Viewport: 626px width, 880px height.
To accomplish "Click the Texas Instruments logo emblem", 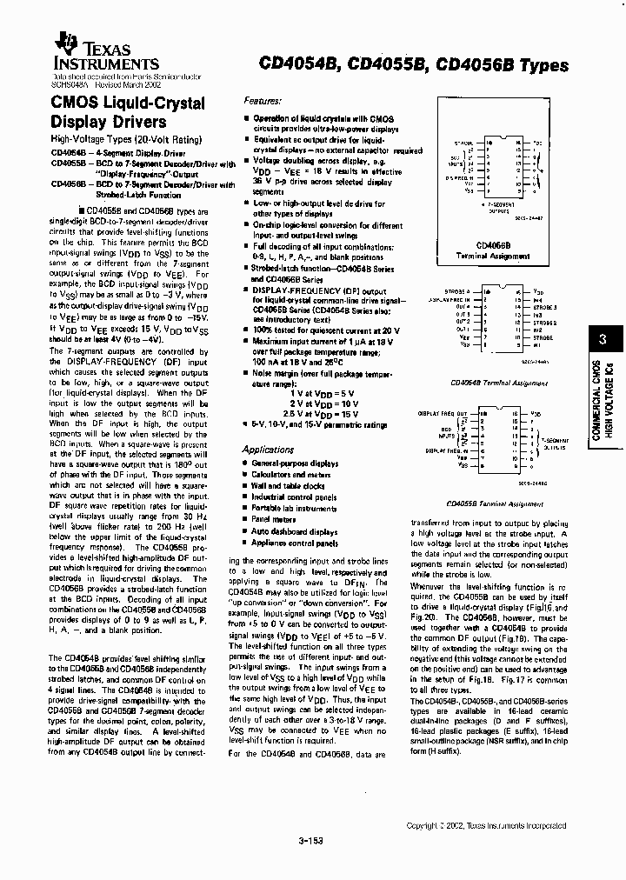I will coord(63,44).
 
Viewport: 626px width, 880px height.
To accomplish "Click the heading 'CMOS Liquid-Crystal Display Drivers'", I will coord(128,112).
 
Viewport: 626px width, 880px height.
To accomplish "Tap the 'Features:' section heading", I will coord(263,101).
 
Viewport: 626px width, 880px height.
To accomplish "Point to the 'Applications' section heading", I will coord(268,450).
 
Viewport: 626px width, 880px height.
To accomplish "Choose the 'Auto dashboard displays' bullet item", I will coord(294,531).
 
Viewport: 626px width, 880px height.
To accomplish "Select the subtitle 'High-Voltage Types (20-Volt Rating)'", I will coord(125,139).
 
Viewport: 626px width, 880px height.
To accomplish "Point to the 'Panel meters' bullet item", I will coord(274,520).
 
